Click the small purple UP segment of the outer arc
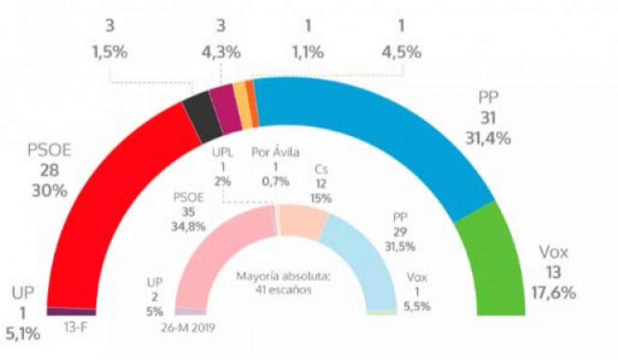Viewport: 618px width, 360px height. [71, 312]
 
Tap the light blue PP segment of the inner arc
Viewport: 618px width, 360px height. [360, 252]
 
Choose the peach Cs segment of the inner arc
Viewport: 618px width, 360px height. [303, 221]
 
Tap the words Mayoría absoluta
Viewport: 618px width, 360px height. [283, 276]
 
